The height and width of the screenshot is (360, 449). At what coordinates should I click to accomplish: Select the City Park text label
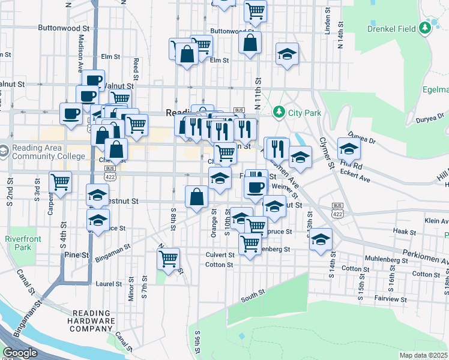(x=304, y=112)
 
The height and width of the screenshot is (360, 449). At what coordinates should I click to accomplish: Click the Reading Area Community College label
(x=47, y=152)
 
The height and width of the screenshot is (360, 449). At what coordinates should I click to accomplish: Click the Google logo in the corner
(x=20, y=353)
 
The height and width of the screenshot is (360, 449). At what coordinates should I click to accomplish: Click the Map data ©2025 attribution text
(x=423, y=355)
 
